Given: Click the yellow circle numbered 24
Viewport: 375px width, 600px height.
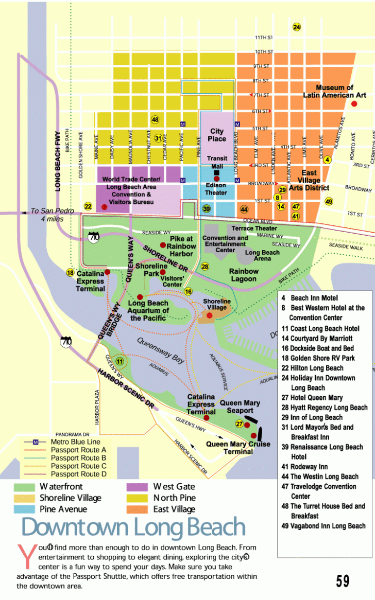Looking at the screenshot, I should click(x=297, y=27).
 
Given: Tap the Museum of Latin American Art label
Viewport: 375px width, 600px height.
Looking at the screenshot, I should click(x=334, y=91).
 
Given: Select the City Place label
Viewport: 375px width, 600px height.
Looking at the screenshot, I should click(x=217, y=135).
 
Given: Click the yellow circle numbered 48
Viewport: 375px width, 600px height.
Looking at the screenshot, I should click(x=155, y=120).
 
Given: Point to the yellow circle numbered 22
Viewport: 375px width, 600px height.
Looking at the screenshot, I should click(x=88, y=206).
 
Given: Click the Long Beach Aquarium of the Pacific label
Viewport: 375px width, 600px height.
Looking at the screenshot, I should click(x=148, y=311).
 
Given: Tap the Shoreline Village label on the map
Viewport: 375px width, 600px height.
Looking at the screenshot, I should click(x=217, y=304).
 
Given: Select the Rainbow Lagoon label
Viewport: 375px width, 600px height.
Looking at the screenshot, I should click(x=244, y=275).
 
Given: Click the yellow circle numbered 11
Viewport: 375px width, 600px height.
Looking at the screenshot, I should click(x=120, y=361).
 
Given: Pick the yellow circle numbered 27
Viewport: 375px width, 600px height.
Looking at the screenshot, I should click(x=240, y=423).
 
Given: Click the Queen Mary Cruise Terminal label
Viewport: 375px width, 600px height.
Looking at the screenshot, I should click(x=237, y=448).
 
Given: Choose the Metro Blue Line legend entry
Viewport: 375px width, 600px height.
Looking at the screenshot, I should click(x=75, y=442).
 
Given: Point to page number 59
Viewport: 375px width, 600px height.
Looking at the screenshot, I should click(x=343, y=581).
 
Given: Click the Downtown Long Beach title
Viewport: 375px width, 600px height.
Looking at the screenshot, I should click(x=133, y=527).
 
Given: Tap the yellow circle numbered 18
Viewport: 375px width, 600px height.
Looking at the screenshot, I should click(x=70, y=273).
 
